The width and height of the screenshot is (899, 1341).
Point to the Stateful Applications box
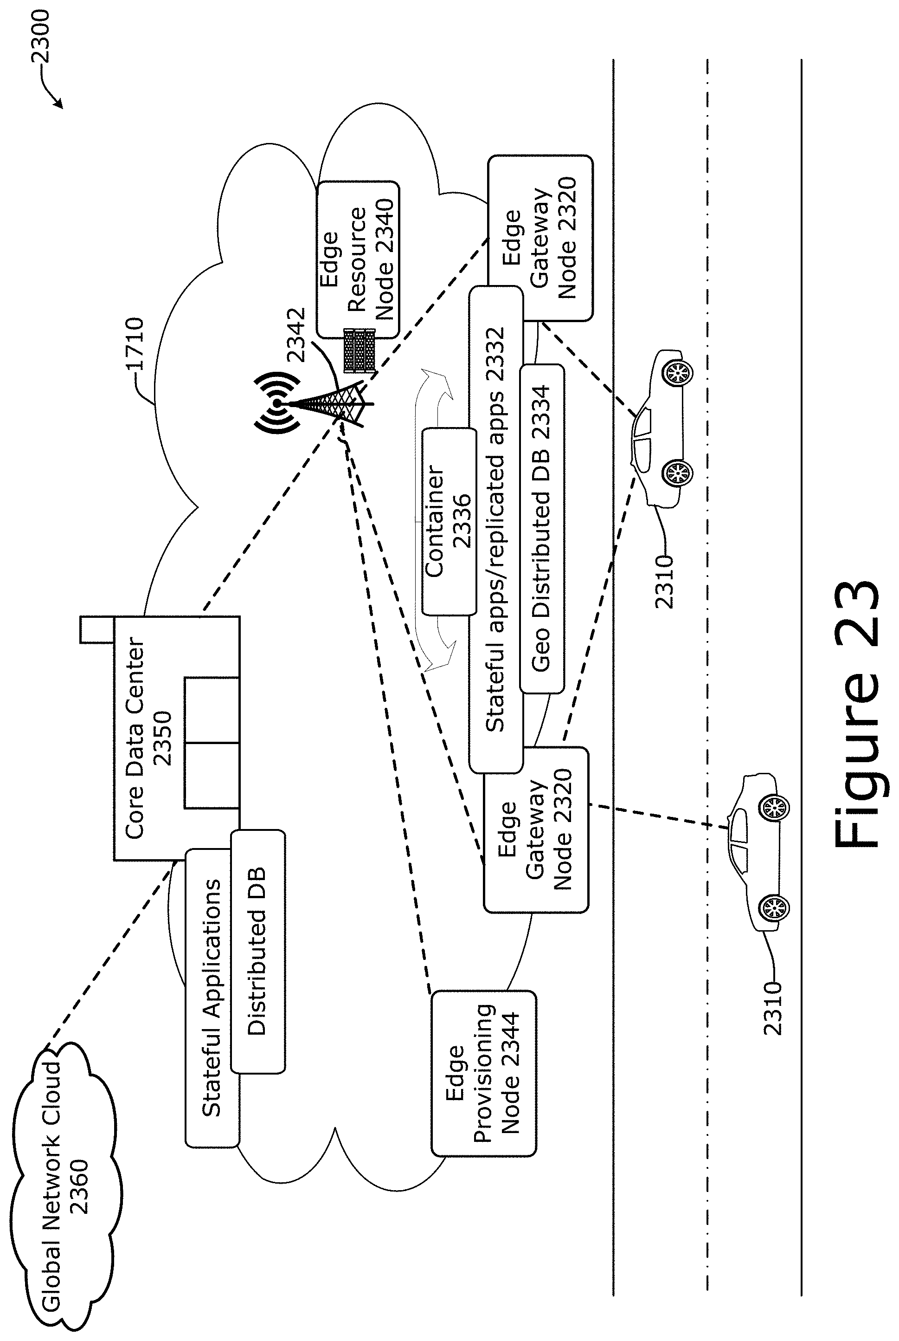coord(212,998)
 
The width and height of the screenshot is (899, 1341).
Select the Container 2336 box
coord(449,521)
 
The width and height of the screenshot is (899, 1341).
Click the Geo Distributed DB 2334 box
coord(541,528)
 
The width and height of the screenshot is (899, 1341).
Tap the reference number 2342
coord(296,335)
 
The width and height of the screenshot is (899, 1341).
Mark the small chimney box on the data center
coord(97,630)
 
